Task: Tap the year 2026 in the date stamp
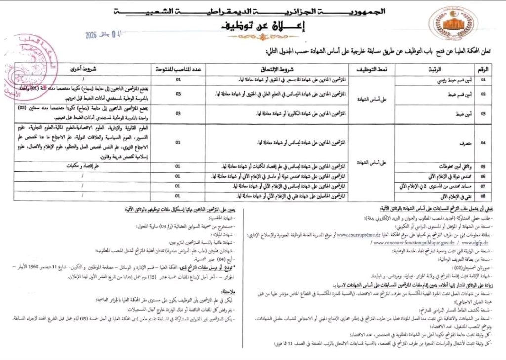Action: coord(91,35)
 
